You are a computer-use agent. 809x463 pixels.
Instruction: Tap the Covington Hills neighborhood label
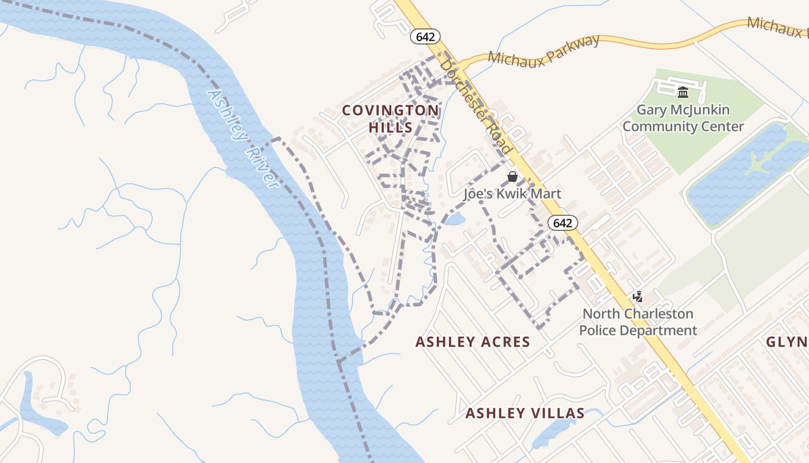391,119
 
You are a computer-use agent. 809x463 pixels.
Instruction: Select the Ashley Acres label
473,342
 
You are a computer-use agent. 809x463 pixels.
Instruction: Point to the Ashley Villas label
525,413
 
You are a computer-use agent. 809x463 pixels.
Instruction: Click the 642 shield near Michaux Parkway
425,36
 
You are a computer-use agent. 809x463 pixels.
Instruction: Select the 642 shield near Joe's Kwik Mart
563,223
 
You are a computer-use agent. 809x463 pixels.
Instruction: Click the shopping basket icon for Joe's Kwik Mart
512,177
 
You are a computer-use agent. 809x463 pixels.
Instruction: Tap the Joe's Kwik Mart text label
512,194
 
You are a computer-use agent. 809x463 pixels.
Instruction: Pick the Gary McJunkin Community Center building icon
683,92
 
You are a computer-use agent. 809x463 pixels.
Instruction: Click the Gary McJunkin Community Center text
683,118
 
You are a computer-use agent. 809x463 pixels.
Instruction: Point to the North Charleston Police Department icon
637,297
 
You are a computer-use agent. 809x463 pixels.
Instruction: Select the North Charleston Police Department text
638,322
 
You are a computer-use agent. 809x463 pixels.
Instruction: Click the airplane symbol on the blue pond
757,163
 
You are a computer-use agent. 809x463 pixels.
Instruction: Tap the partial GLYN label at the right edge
787,342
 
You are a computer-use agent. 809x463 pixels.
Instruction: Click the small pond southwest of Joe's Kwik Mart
455,219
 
